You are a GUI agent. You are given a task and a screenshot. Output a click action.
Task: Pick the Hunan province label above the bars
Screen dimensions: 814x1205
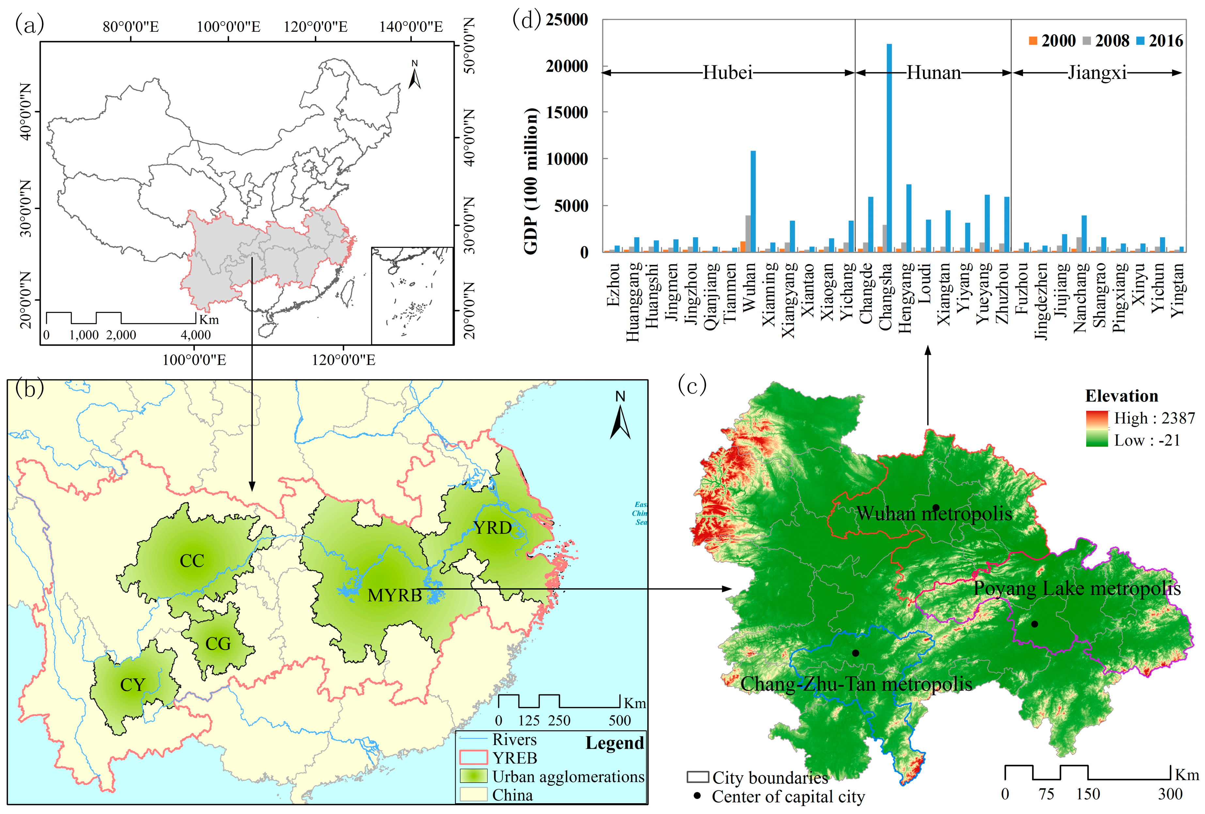933,73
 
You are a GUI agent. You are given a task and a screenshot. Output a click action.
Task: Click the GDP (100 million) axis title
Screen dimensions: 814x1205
531,182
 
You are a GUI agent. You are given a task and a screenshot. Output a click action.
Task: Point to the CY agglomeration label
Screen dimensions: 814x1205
133,685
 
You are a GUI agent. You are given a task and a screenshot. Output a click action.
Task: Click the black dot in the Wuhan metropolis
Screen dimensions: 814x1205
936,507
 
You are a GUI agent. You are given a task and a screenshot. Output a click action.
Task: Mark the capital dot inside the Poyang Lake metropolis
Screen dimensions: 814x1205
1034,624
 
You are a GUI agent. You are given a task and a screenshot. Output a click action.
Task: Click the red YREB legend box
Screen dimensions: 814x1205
473,757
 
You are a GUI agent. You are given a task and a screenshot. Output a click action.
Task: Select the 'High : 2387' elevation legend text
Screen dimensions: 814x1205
1154,418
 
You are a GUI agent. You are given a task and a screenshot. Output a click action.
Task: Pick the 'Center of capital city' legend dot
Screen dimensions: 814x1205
697,795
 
